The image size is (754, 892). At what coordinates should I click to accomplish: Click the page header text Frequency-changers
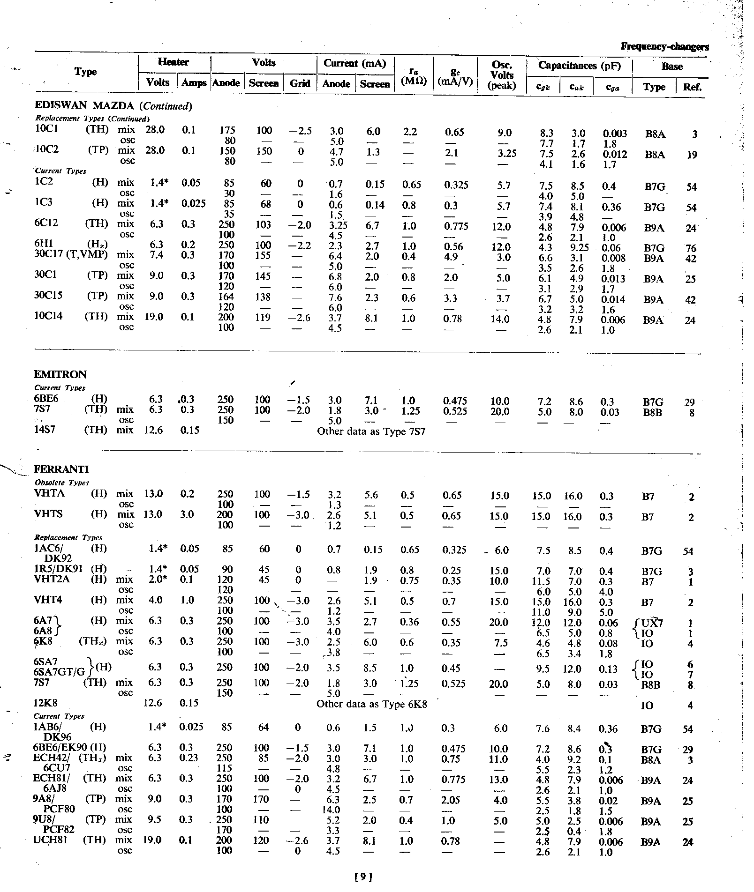[664, 46]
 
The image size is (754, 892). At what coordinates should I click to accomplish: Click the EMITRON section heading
[60, 374]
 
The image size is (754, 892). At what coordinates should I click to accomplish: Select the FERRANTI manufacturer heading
[61, 469]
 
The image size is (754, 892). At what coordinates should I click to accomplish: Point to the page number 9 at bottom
[364, 873]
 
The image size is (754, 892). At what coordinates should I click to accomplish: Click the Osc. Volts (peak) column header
[502, 75]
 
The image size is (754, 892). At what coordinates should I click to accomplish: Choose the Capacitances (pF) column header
[579, 66]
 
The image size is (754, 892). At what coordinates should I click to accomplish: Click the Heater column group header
[173, 62]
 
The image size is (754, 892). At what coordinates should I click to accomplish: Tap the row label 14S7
[45, 430]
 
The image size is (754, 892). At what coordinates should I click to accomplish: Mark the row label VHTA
[50, 493]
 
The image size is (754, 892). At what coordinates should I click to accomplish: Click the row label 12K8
[46, 703]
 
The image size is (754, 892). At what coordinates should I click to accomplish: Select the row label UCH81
[51, 840]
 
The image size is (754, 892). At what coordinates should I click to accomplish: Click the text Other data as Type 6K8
[371, 704]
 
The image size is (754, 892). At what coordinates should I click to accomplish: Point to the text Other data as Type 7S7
[371, 431]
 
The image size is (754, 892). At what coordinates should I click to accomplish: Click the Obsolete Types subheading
[62, 483]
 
